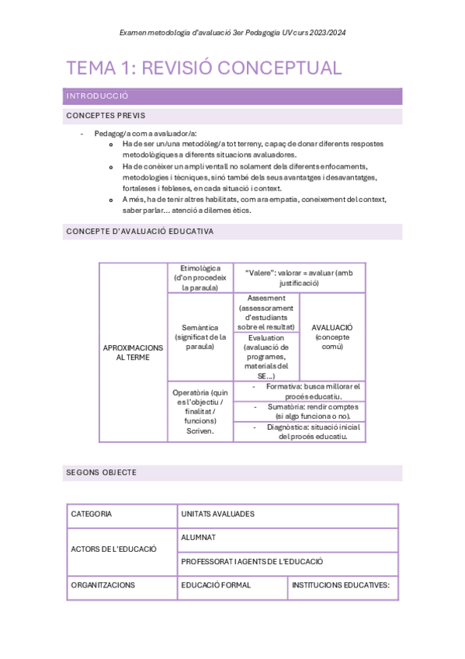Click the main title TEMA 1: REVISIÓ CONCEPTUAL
click(204, 68)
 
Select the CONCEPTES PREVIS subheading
click(106, 116)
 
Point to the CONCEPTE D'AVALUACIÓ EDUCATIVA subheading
click(140, 232)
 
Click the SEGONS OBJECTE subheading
click(102, 472)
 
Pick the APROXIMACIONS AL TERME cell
click(133, 353)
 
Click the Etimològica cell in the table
click(200, 277)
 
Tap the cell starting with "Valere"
click(299, 277)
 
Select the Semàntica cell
click(200, 336)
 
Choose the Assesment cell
click(266, 312)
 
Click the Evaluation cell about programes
click(266, 357)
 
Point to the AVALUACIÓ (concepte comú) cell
click(331, 336)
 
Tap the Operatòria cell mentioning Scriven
click(200, 411)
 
